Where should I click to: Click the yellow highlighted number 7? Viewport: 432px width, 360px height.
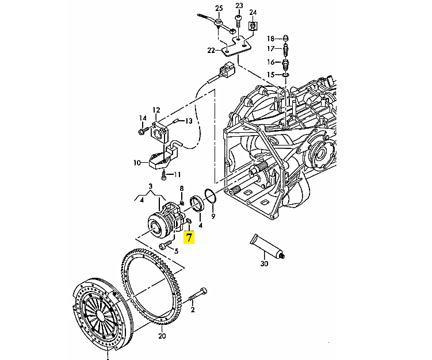point(189,237)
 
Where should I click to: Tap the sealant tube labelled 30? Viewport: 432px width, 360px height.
point(267,246)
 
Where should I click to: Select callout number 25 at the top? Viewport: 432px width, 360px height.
point(219,8)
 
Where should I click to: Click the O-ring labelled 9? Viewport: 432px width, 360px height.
point(211,197)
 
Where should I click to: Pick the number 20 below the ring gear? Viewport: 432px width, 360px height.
point(162,336)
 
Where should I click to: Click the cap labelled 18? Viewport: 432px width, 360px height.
point(287,39)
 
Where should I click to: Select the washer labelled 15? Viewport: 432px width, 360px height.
point(285,74)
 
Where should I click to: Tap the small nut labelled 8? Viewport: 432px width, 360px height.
point(182,203)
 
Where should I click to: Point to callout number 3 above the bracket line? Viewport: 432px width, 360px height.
point(150,186)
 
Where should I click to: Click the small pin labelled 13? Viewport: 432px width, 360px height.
point(177,121)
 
